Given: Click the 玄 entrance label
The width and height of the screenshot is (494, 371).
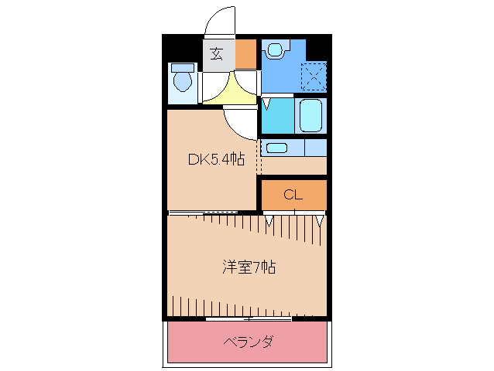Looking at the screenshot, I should [x=218, y=53].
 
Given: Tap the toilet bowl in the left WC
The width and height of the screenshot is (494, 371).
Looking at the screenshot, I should [x=183, y=79].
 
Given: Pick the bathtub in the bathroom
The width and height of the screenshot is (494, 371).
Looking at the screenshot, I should [x=310, y=115].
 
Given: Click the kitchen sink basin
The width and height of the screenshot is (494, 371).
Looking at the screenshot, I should [x=276, y=147].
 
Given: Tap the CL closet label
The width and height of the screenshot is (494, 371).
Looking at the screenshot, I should [x=292, y=195].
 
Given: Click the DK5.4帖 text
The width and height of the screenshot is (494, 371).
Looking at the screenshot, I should [x=216, y=160].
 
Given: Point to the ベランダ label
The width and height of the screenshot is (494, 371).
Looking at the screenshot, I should [x=249, y=341].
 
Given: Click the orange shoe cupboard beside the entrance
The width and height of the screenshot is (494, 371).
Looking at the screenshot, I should [x=245, y=53].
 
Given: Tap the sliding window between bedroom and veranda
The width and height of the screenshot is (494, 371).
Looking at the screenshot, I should [x=249, y=318].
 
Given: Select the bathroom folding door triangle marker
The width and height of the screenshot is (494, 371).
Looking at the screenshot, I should [x=267, y=102].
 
